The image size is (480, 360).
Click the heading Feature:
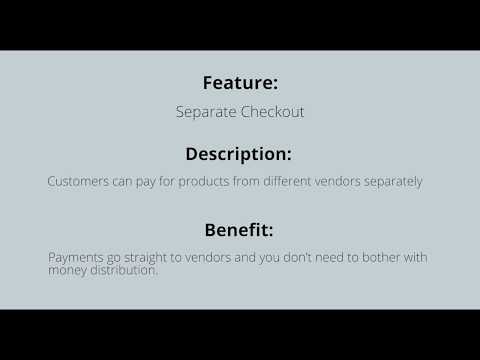239,83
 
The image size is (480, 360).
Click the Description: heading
239,154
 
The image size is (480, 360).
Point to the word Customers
77,182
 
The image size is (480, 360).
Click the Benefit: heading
239,229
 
